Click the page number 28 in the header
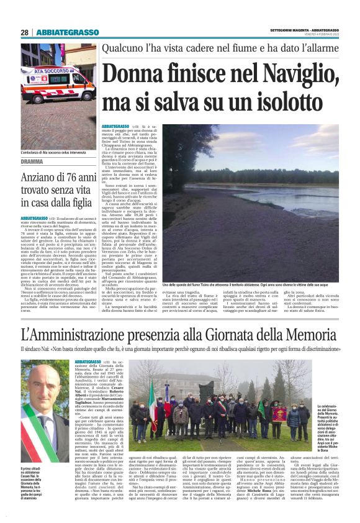coord(25,32)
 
